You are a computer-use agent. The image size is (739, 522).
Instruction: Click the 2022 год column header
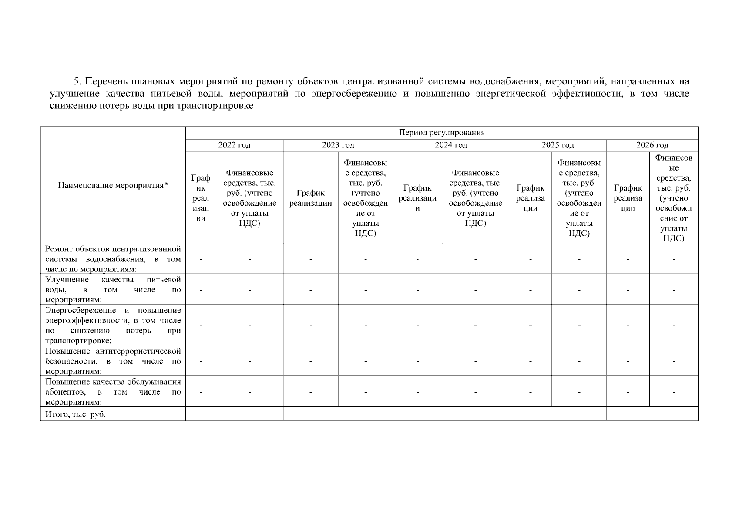[x=234, y=145]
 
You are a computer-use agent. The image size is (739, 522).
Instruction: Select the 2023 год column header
[x=338, y=145]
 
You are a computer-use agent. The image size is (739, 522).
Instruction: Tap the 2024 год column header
[x=450, y=145]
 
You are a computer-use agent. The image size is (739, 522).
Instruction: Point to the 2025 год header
[x=558, y=145]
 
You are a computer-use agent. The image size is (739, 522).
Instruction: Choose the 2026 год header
[x=652, y=145]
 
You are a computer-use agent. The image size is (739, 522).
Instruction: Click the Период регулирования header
[x=441, y=133]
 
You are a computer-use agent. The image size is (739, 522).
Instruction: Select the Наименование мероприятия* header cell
[x=113, y=186]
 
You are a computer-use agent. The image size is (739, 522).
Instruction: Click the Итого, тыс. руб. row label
[x=76, y=414]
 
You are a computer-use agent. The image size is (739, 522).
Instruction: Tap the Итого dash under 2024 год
[x=451, y=414]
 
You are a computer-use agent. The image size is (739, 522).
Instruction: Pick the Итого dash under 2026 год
[x=652, y=414]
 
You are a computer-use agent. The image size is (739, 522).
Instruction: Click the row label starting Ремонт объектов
[x=113, y=259]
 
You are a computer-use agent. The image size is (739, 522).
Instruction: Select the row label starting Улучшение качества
[x=113, y=289]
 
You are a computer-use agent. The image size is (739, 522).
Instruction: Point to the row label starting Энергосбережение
[x=113, y=325]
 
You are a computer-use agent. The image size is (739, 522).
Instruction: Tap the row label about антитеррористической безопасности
[x=113, y=361]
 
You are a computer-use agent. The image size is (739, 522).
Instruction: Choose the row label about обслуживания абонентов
[x=113, y=391]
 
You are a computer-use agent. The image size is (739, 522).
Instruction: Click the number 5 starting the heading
[x=76, y=81]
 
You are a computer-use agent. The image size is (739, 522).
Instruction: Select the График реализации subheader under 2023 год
[x=310, y=198]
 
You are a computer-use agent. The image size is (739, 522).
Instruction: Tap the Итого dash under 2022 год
[x=234, y=414]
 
